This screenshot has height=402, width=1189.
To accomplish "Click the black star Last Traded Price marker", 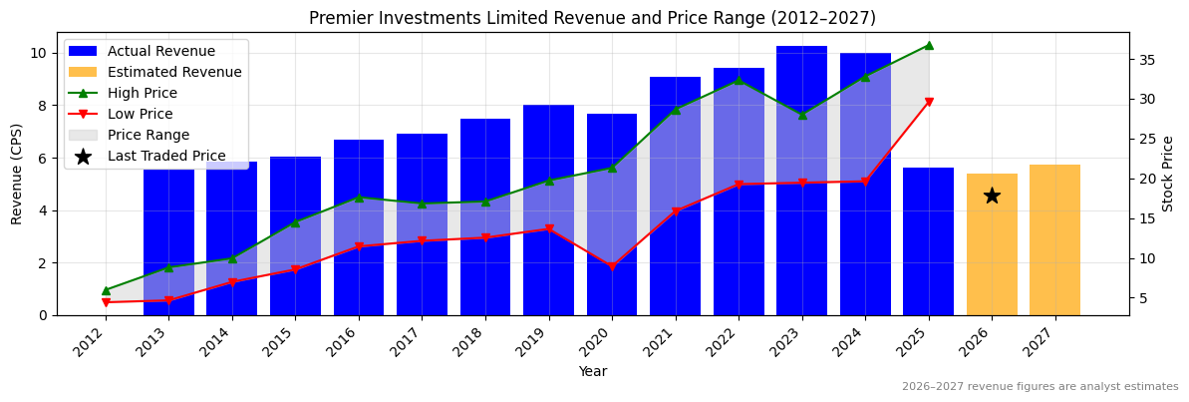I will pyautogui.click(x=992, y=196).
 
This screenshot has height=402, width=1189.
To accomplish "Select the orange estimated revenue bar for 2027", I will pyautogui.click(x=1054, y=240).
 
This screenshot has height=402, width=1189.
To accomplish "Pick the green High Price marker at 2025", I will pyautogui.click(x=928, y=45).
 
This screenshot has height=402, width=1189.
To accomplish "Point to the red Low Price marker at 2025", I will pyautogui.click(x=928, y=102).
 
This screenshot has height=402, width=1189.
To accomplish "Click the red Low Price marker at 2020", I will pyautogui.click(x=612, y=267).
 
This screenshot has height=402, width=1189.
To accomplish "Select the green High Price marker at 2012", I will pyautogui.click(x=106, y=290).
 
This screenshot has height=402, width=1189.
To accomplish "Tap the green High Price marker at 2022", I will pyautogui.click(x=739, y=80).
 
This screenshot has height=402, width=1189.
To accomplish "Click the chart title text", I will pyautogui.click(x=592, y=18).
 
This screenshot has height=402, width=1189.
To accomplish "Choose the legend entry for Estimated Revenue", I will pyautogui.click(x=174, y=72).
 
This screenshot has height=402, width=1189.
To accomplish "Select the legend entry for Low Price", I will pyautogui.click(x=140, y=114).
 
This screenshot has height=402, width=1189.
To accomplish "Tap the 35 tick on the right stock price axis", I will pyautogui.click(x=1146, y=60).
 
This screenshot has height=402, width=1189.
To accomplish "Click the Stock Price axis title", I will pyautogui.click(x=1168, y=174).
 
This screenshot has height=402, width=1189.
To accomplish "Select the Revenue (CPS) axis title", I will pyautogui.click(x=17, y=174).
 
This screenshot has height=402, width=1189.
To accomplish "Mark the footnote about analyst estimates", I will pyautogui.click(x=1040, y=387).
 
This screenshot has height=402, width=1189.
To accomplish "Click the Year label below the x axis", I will pyautogui.click(x=592, y=371).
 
